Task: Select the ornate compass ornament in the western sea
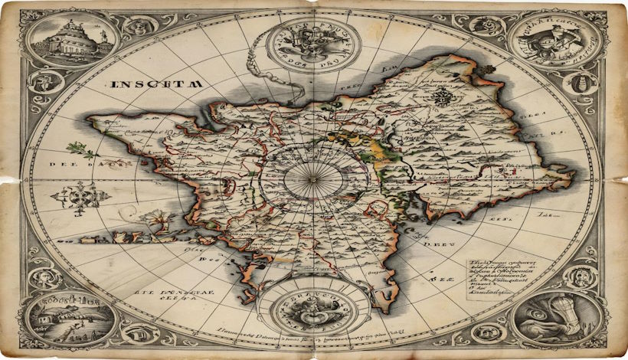click(78, 195)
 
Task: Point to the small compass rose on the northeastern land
click(442, 97)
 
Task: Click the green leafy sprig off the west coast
click(75, 149)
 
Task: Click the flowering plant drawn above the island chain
click(159, 221)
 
